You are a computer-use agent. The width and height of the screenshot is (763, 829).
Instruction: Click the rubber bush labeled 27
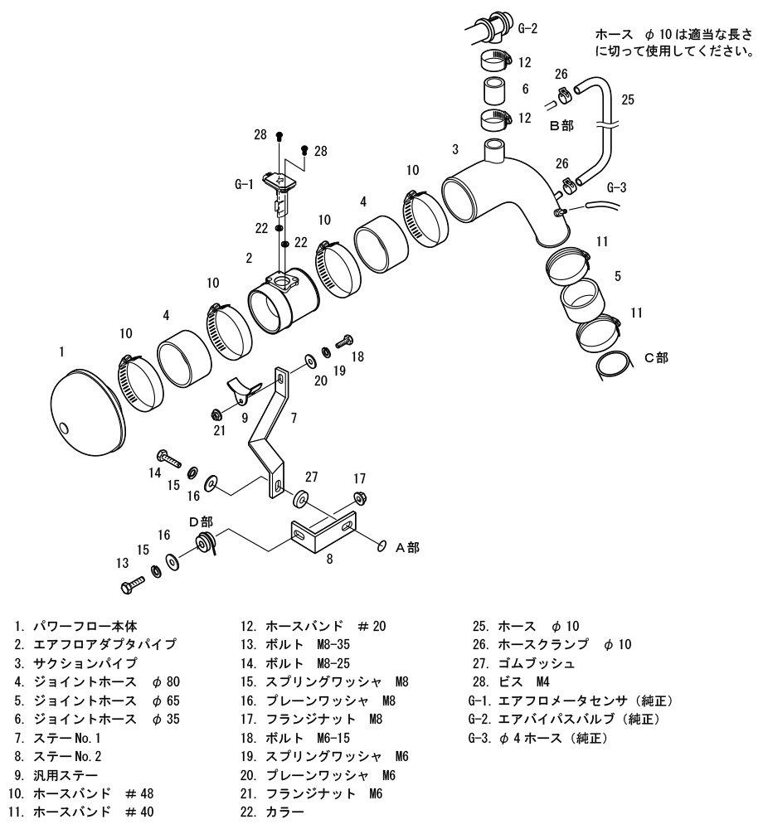coord(301,500)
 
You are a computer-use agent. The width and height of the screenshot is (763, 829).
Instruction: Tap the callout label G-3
coord(617,187)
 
